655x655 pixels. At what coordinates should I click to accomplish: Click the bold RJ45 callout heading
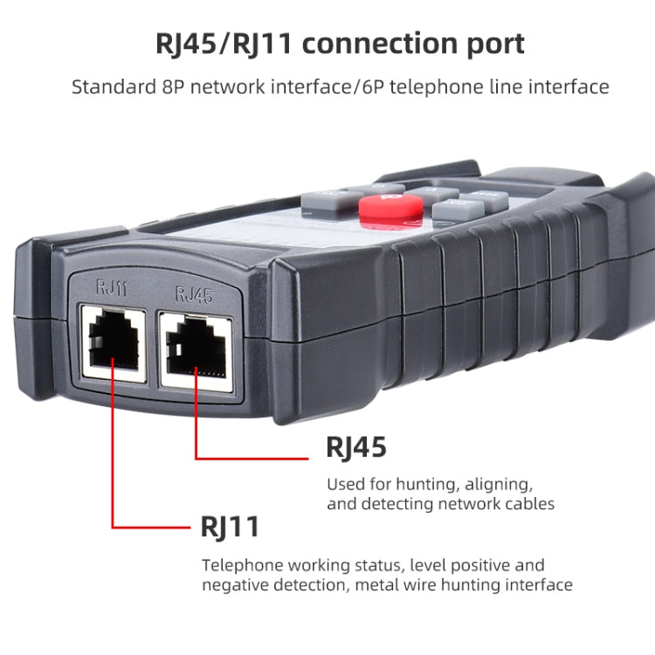[x=356, y=447]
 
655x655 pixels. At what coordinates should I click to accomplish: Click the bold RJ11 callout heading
[x=230, y=527]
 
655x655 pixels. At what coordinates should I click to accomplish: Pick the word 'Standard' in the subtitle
[x=108, y=87]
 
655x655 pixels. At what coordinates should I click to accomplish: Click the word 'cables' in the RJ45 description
[x=531, y=504]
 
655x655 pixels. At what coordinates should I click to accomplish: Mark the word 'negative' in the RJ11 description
[x=237, y=585]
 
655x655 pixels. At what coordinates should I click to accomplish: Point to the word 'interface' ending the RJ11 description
[x=539, y=585]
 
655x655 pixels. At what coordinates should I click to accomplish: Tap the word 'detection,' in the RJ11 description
[x=313, y=585]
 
